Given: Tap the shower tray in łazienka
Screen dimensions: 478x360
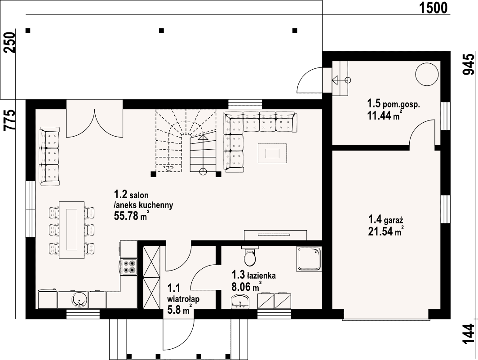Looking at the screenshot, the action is click(x=309, y=259).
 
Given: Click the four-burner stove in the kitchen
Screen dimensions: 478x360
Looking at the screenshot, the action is click(x=129, y=267).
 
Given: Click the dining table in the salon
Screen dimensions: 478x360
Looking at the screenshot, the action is click(x=71, y=230).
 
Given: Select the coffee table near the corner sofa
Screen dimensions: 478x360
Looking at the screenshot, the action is click(x=272, y=153).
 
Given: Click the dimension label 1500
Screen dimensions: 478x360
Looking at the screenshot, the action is click(x=434, y=8).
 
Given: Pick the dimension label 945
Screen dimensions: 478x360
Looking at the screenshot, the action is click(x=469, y=64).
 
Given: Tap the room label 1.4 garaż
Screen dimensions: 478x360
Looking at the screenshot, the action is click(x=386, y=219).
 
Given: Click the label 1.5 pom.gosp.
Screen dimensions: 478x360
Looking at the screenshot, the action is click(x=394, y=104).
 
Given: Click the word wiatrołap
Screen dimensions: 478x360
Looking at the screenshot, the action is click(x=183, y=299).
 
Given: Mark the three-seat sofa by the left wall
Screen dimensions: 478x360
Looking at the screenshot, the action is click(x=49, y=156).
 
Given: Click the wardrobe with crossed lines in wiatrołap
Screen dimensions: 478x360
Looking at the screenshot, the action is click(x=151, y=277).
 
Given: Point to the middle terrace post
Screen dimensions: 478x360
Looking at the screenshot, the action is click(x=162, y=31).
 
